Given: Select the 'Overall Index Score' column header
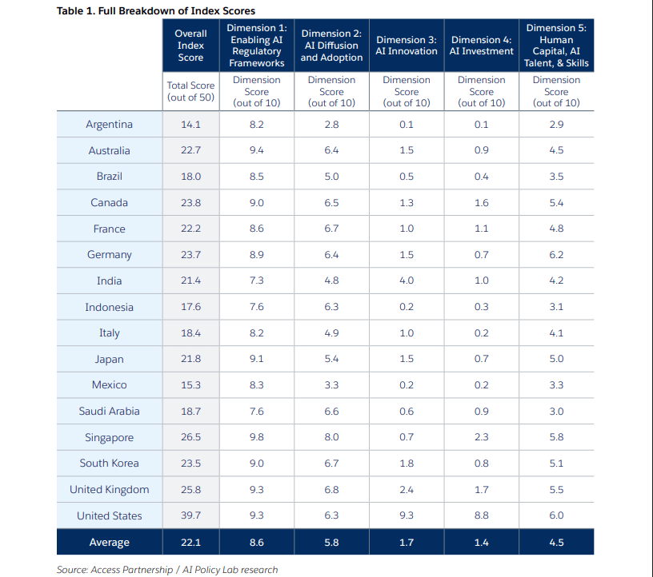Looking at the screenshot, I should click(190, 46).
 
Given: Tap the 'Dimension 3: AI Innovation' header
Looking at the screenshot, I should click(407, 46).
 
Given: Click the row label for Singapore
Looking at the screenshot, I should click(110, 437).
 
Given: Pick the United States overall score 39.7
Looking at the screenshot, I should click(190, 515).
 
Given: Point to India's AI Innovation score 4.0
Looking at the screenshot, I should click(407, 281).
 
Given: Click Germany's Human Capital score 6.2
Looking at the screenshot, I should click(556, 254).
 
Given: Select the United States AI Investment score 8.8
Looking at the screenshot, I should click(482, 515).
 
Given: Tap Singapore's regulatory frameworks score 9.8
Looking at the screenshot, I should click(257, 437).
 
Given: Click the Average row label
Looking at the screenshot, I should click(110, 543).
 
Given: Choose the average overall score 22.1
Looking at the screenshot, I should click(190, 543).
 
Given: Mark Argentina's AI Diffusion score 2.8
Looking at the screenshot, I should click(331, 124).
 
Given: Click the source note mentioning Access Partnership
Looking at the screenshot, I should click(167, 569).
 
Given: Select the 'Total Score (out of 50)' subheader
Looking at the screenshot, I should click(190, 91).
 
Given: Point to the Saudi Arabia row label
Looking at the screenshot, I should click(110, 411).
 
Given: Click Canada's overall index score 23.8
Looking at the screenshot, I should click(190, 202).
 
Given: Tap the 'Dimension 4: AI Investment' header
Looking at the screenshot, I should click(482, 46).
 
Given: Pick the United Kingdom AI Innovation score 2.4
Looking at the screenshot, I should click(407, 489).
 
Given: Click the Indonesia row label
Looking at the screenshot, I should click(110, 307).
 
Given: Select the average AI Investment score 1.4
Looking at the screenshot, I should click(482, 543).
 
